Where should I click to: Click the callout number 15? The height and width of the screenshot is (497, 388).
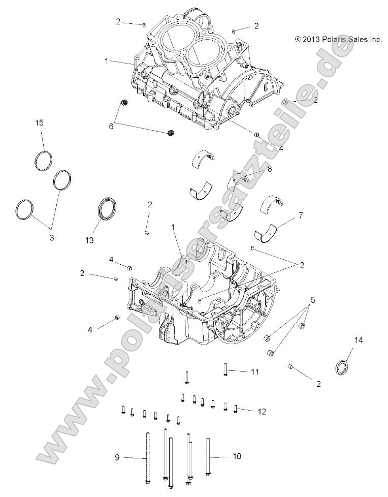click(40, 123)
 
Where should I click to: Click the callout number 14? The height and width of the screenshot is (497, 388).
click(359, 340)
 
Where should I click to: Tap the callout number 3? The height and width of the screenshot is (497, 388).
click(51, 237)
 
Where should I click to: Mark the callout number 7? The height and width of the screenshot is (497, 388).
click(301, 215)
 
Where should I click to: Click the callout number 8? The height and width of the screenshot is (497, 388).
click(269, 168)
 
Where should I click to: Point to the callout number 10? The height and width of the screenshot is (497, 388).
click(237, 457)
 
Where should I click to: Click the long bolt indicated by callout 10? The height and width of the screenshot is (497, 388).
click(208, 457)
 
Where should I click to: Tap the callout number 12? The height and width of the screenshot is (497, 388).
click(262, 412)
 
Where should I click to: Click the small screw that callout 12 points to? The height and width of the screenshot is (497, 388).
click(236, 409)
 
